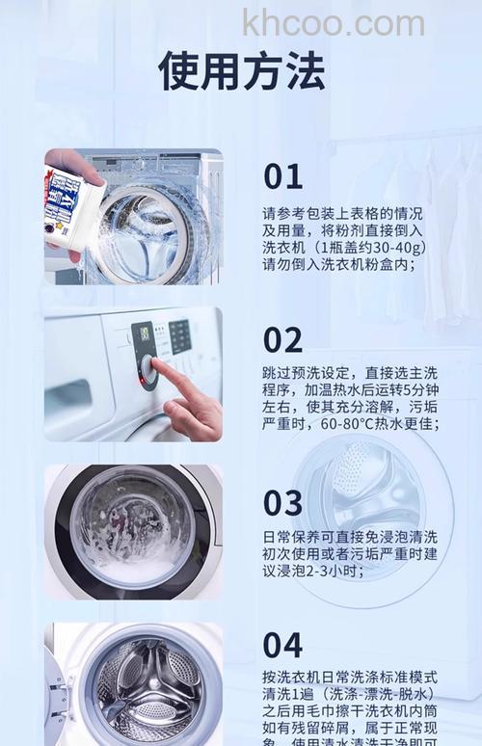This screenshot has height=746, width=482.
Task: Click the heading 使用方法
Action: (241, 71)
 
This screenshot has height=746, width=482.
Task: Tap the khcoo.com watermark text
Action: (333, 22)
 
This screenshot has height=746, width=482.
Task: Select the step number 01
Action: (282, 176)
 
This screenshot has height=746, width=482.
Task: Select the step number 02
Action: (283, 339)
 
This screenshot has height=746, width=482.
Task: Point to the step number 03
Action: (283, 503)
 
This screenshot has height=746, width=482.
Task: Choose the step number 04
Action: (283, 645)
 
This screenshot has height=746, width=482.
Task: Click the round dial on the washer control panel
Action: (147, 369)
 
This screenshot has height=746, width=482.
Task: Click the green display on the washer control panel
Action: (144, 333)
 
